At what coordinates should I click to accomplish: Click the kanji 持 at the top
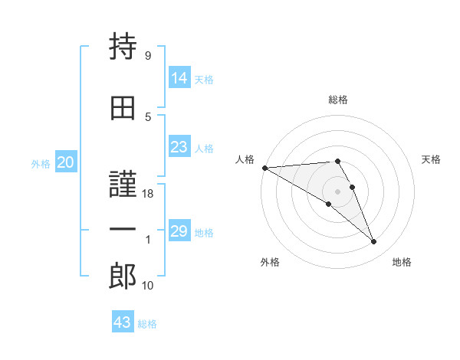coord(123,46)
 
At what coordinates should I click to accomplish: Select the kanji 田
coord(123,108)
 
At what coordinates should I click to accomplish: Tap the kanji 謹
coord(123,184)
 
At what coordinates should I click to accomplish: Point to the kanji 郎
coord(123,276)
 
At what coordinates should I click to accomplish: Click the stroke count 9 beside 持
coord(148,55)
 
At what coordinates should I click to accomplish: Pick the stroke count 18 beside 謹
coord(147,194)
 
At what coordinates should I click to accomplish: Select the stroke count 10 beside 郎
coord(147,285)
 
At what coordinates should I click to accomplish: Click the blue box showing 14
coord(179,77)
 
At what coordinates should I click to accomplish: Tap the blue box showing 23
coord(179,146)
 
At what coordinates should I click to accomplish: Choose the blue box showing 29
coord(179,230)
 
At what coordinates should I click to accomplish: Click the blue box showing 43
coord(123,321)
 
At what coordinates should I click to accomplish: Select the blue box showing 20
coord(66,162)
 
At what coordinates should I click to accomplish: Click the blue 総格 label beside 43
coord(147,324)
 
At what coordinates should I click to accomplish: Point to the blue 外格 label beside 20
coord(41,164)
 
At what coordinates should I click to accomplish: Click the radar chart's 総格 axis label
coord(338,100)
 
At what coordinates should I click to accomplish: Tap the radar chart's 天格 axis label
coord(431,159)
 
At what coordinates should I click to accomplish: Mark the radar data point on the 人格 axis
coord(265,168)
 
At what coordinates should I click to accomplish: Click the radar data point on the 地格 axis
coord(374,241)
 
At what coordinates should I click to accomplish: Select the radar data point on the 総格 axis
coord(337,161)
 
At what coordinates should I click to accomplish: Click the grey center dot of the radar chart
coord(337,191)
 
